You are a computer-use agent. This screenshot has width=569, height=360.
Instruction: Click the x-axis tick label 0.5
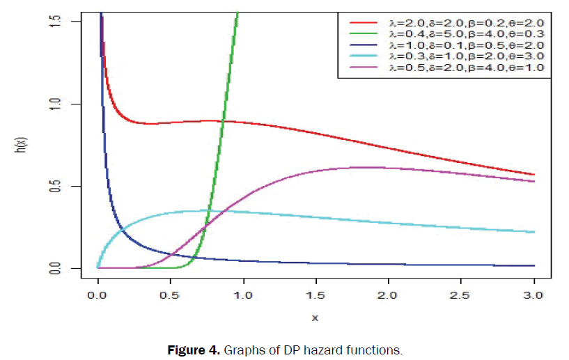coord(170,296)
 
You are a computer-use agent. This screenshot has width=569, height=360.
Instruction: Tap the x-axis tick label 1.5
coord(315,296)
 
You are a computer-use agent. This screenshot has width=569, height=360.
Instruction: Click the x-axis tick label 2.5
coord(461,296)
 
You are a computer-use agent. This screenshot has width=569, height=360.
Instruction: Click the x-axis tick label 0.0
coord(98,296)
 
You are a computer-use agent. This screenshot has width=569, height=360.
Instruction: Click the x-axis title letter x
coord(315,317)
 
